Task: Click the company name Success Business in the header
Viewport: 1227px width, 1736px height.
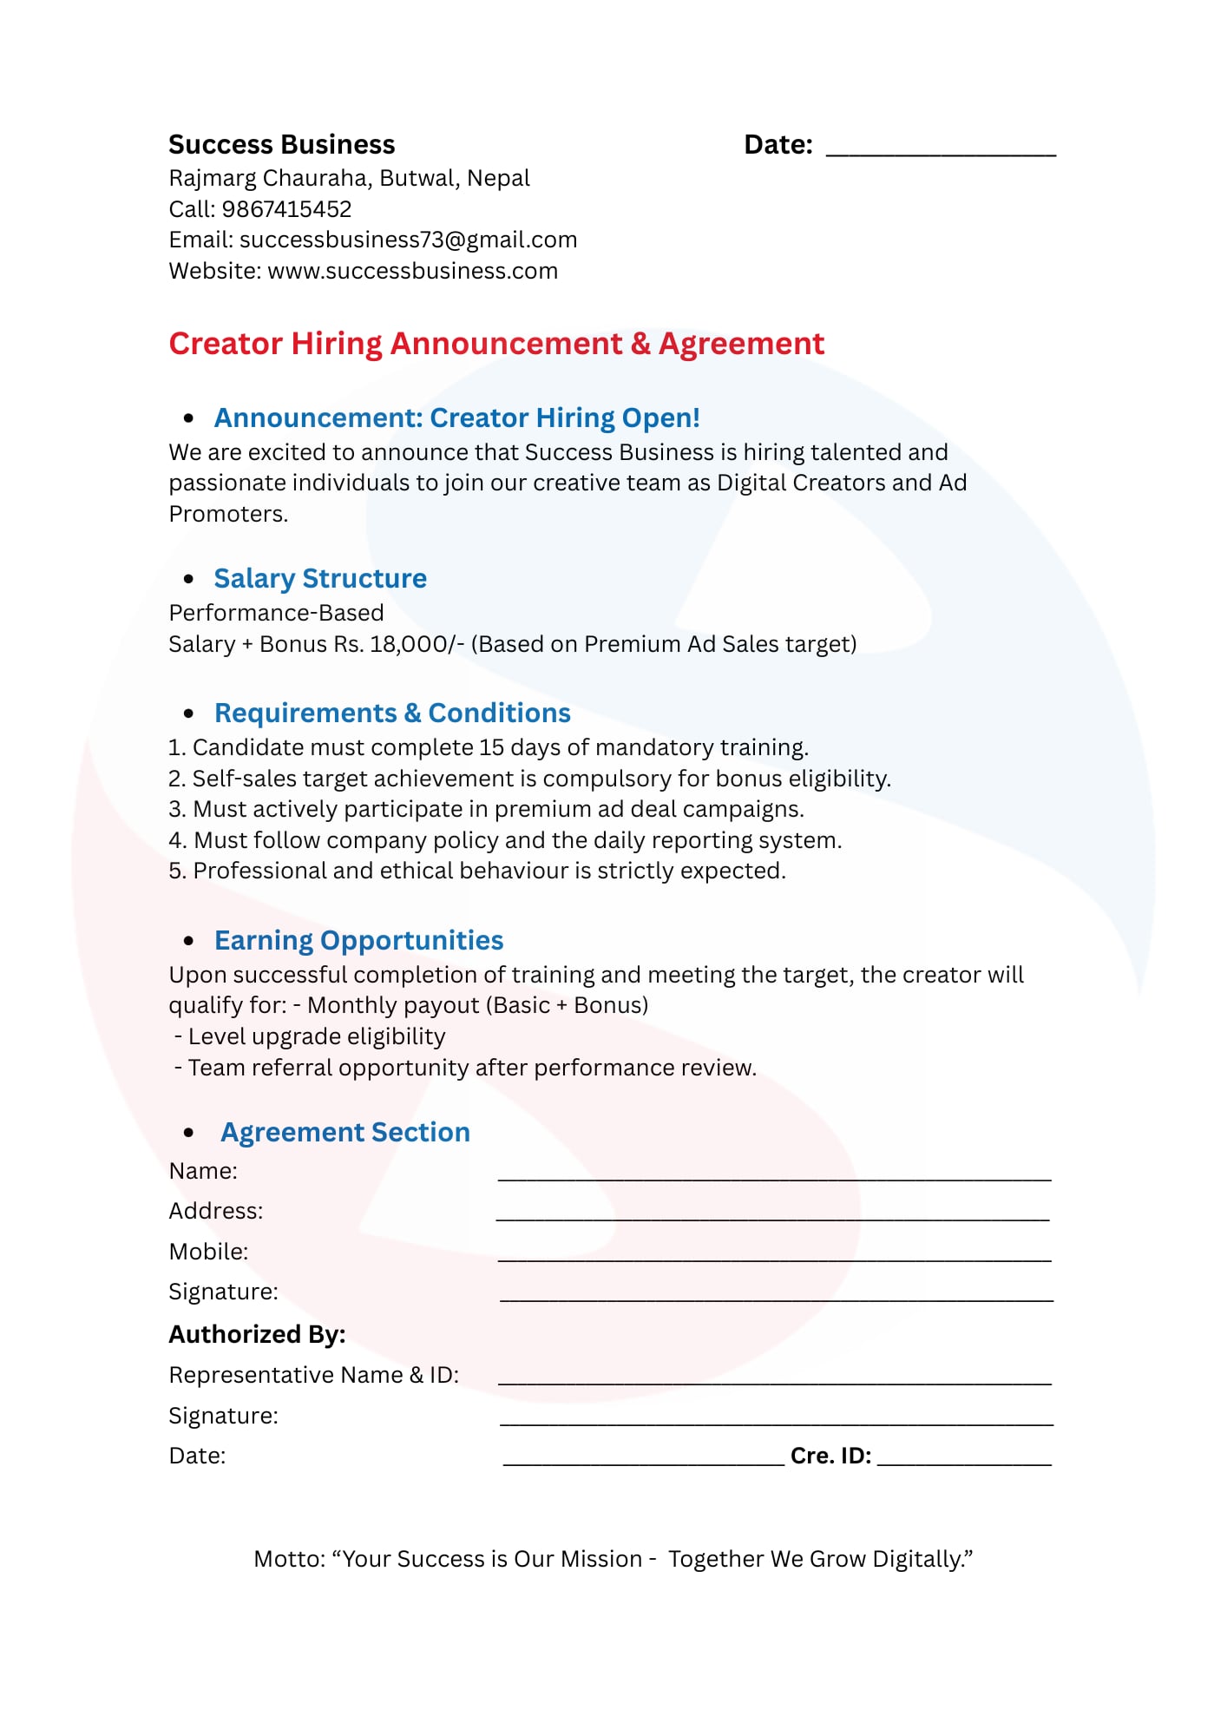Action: coord(281,144)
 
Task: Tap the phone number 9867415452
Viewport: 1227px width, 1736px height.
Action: coord(286,209)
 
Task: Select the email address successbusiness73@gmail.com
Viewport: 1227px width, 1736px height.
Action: coord(408,240)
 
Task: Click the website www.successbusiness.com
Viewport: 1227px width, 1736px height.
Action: coord(412,271)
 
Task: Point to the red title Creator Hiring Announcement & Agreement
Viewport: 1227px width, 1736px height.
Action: coord(495,344)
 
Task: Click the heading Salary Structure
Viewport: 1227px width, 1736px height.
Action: coord(320,579)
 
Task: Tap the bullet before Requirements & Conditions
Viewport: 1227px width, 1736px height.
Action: coord(189,713)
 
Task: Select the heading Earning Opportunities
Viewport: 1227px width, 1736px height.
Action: coord(358,941)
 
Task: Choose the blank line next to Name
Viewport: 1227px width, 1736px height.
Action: coord(774,1176)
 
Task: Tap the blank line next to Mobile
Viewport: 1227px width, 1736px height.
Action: coord(774,1257)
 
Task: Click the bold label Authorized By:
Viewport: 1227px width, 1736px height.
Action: coord(257,1334)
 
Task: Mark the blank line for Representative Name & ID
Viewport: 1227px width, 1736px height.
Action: coord(774,1380)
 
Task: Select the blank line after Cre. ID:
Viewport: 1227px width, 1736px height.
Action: coord(964,1462)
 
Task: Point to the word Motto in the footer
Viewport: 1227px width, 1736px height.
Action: coord(289,1559)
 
